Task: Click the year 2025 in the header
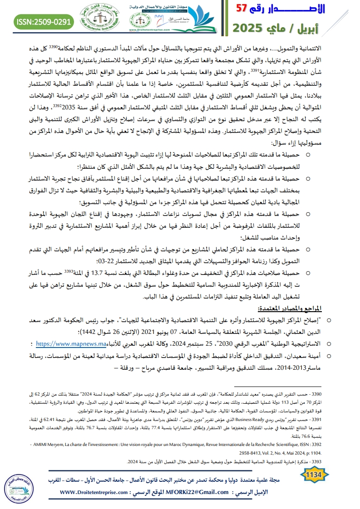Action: (x=254, y=28)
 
